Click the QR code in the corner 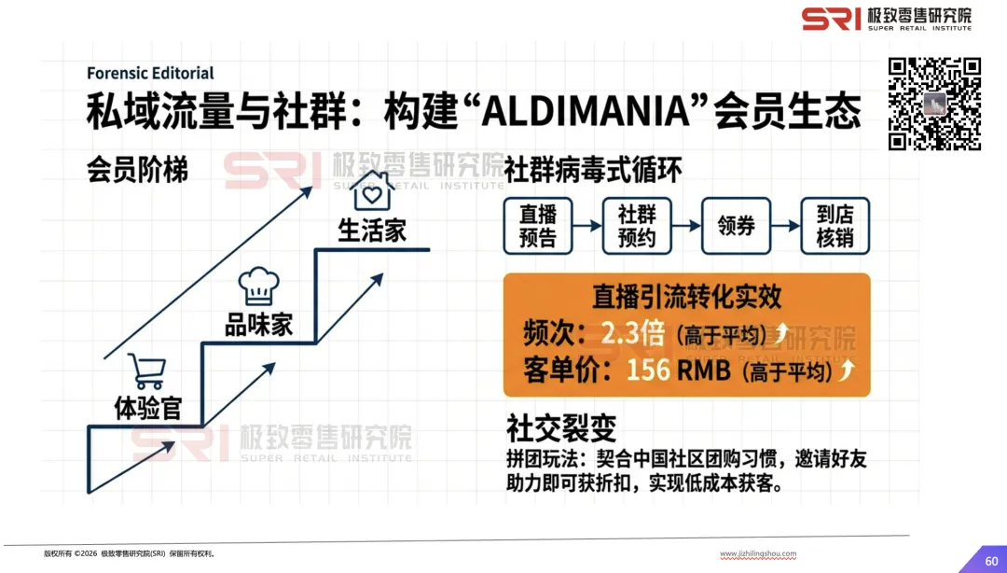934,103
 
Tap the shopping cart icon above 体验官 146,371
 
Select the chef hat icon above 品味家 258,286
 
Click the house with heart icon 373,192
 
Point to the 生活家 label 372,230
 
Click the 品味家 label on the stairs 258,325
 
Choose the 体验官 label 146,409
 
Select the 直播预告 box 537,226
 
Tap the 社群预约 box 637,226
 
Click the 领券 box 737,226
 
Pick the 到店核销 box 835,226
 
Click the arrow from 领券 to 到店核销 786,226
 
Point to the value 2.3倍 633,333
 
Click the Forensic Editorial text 150,73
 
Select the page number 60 991,560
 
